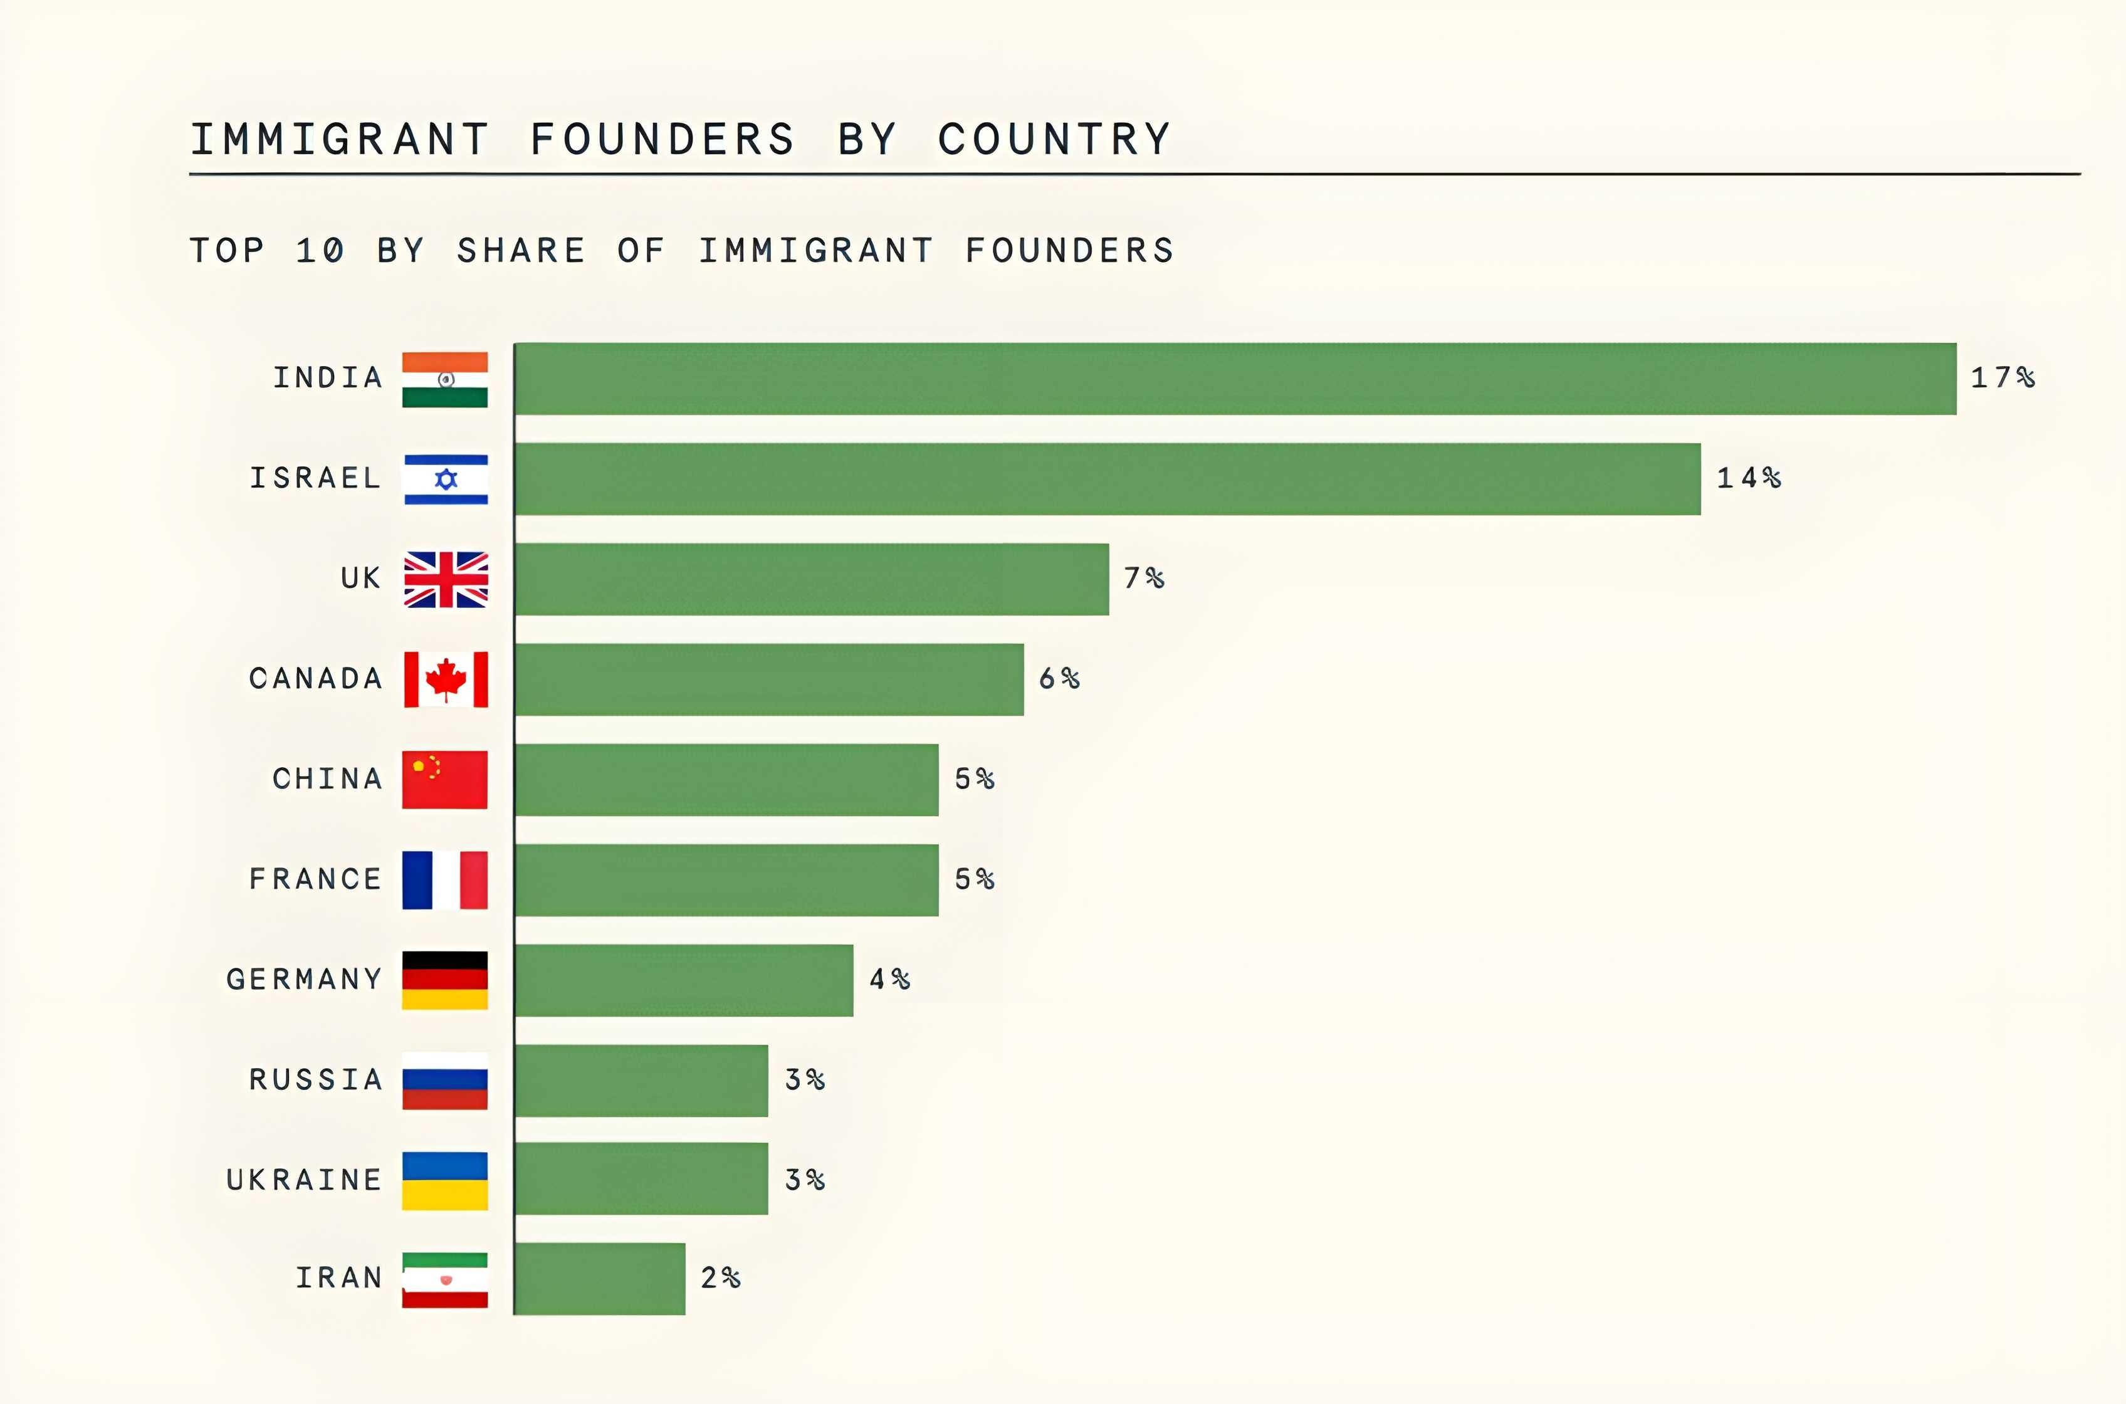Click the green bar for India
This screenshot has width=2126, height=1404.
[x=1235, y=379]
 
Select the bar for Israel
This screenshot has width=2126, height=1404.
[x=1108, y=479]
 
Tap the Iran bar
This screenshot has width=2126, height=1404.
[x=600, y=1279]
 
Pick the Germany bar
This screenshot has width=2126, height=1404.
[x=684, y=980]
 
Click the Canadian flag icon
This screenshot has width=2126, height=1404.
[x=446, y=679]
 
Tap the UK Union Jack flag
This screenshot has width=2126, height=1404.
[x=446, y=579]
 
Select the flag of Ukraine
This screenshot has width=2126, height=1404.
[x=445, y=1181]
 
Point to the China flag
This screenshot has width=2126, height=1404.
[x=445, y=780]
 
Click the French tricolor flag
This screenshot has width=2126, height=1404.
[x=445, y=880]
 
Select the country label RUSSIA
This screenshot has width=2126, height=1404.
[x=316, y=1080]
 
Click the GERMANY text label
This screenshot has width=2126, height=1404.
[x=305, y=980]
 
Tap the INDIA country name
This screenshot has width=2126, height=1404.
[x=328, y=378]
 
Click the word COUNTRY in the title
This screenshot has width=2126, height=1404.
[x=1054, y=140]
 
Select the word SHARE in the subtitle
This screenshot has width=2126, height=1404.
[x=521, y=251]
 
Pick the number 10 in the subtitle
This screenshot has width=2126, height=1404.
[x=320, y=251]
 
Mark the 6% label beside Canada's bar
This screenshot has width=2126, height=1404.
[x=1059, y=679]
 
